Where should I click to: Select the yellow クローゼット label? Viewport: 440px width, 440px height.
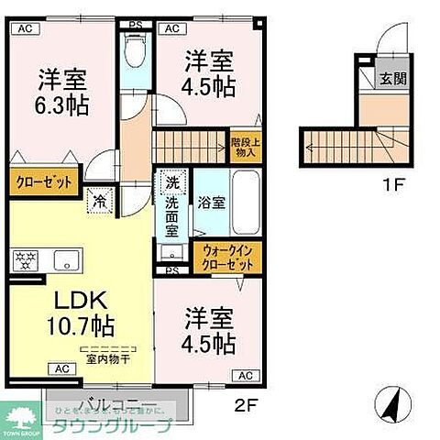pos(43,181)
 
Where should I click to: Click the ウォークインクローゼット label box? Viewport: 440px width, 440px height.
pos(227,258)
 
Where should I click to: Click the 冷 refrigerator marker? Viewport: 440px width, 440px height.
pos(98,197)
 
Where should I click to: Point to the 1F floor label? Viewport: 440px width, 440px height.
pos(392,184)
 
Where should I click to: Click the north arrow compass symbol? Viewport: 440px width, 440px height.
pos(390,401)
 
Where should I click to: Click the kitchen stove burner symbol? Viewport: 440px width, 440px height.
pos(24,260)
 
